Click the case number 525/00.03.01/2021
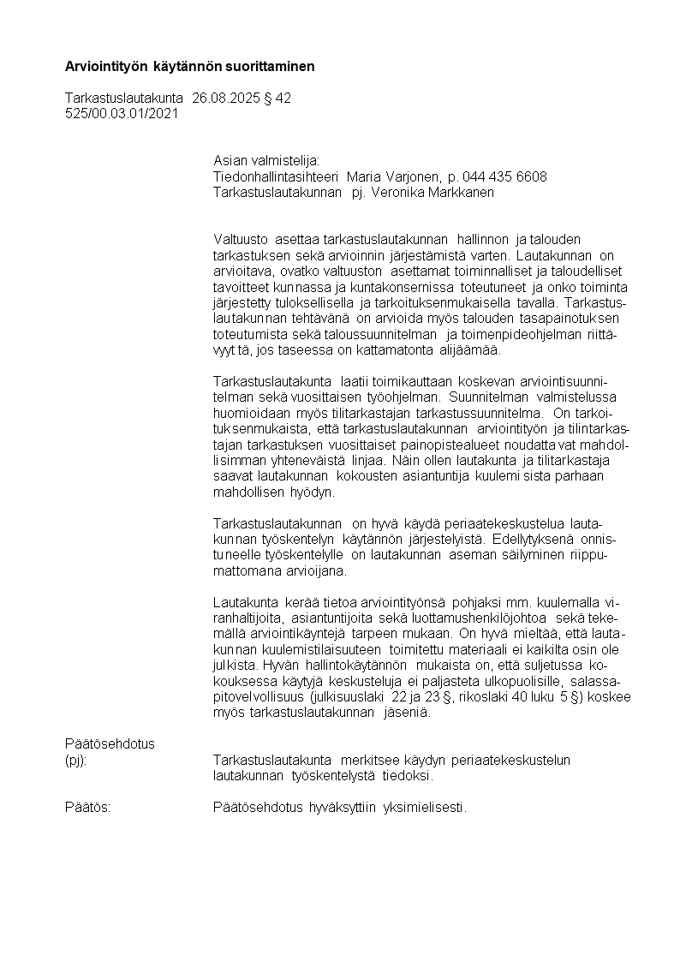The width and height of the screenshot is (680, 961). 122,113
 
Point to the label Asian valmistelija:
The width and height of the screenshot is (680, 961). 265,161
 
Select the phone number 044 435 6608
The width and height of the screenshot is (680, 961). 504,176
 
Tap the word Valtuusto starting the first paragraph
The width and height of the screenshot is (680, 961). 240,239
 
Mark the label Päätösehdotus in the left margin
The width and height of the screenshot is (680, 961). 110,743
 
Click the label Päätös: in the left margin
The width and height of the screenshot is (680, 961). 87,807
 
